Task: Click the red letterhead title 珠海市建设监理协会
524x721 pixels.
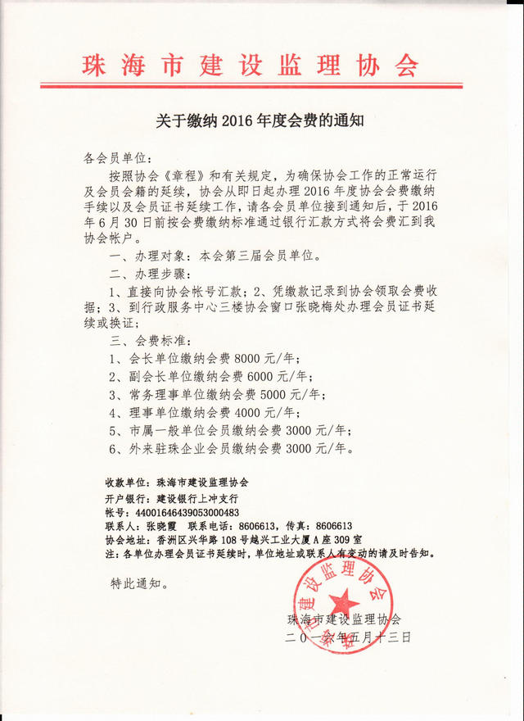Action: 251,65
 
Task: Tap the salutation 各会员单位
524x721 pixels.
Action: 118,156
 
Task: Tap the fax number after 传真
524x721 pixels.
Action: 334,525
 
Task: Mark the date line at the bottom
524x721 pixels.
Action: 348,636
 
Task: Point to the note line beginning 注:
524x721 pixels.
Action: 270,553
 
